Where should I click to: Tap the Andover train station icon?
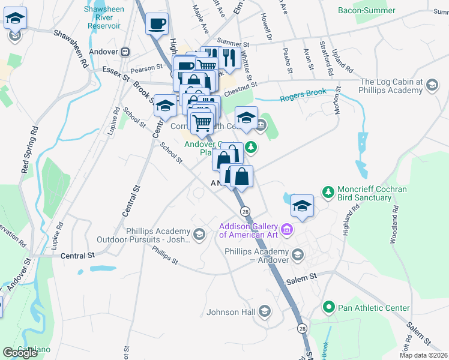126,52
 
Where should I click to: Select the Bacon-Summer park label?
366,10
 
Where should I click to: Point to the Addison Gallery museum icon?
287,230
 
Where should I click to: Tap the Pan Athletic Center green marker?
328,308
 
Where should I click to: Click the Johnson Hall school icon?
264,311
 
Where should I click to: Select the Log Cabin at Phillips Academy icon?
431,86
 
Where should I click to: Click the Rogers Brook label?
303,95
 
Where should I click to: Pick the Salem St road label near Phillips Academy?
304,278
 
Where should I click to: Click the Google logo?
20,353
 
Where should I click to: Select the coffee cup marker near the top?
157,25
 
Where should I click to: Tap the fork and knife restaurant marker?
229,58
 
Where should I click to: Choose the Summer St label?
233,43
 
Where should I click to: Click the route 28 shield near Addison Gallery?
245,212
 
